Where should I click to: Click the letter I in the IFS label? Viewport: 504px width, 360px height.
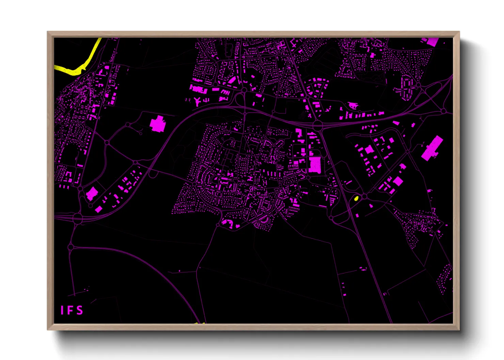[x=62, y=310]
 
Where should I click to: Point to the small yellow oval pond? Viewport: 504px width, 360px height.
[x=356, y=198]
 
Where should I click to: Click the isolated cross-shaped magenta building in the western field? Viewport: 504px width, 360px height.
[x=157, y=124]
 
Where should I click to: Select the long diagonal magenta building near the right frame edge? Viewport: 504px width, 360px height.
[x=432, y=148]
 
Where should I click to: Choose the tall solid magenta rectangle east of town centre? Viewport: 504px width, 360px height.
[x=315, y=165]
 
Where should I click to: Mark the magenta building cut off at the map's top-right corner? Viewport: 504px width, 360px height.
[x=430, y=42]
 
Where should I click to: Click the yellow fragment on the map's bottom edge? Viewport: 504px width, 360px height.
[x=199, y=323]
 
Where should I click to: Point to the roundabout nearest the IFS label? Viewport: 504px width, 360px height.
[x=70, y=247]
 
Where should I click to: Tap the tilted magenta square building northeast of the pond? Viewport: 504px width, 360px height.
[x=398, y=181]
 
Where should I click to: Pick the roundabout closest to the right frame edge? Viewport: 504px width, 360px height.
[x=443, y=111]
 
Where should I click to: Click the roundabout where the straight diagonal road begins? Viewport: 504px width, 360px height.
[x=317, y=125]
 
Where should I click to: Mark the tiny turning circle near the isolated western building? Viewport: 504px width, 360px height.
[x=141, y=134]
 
